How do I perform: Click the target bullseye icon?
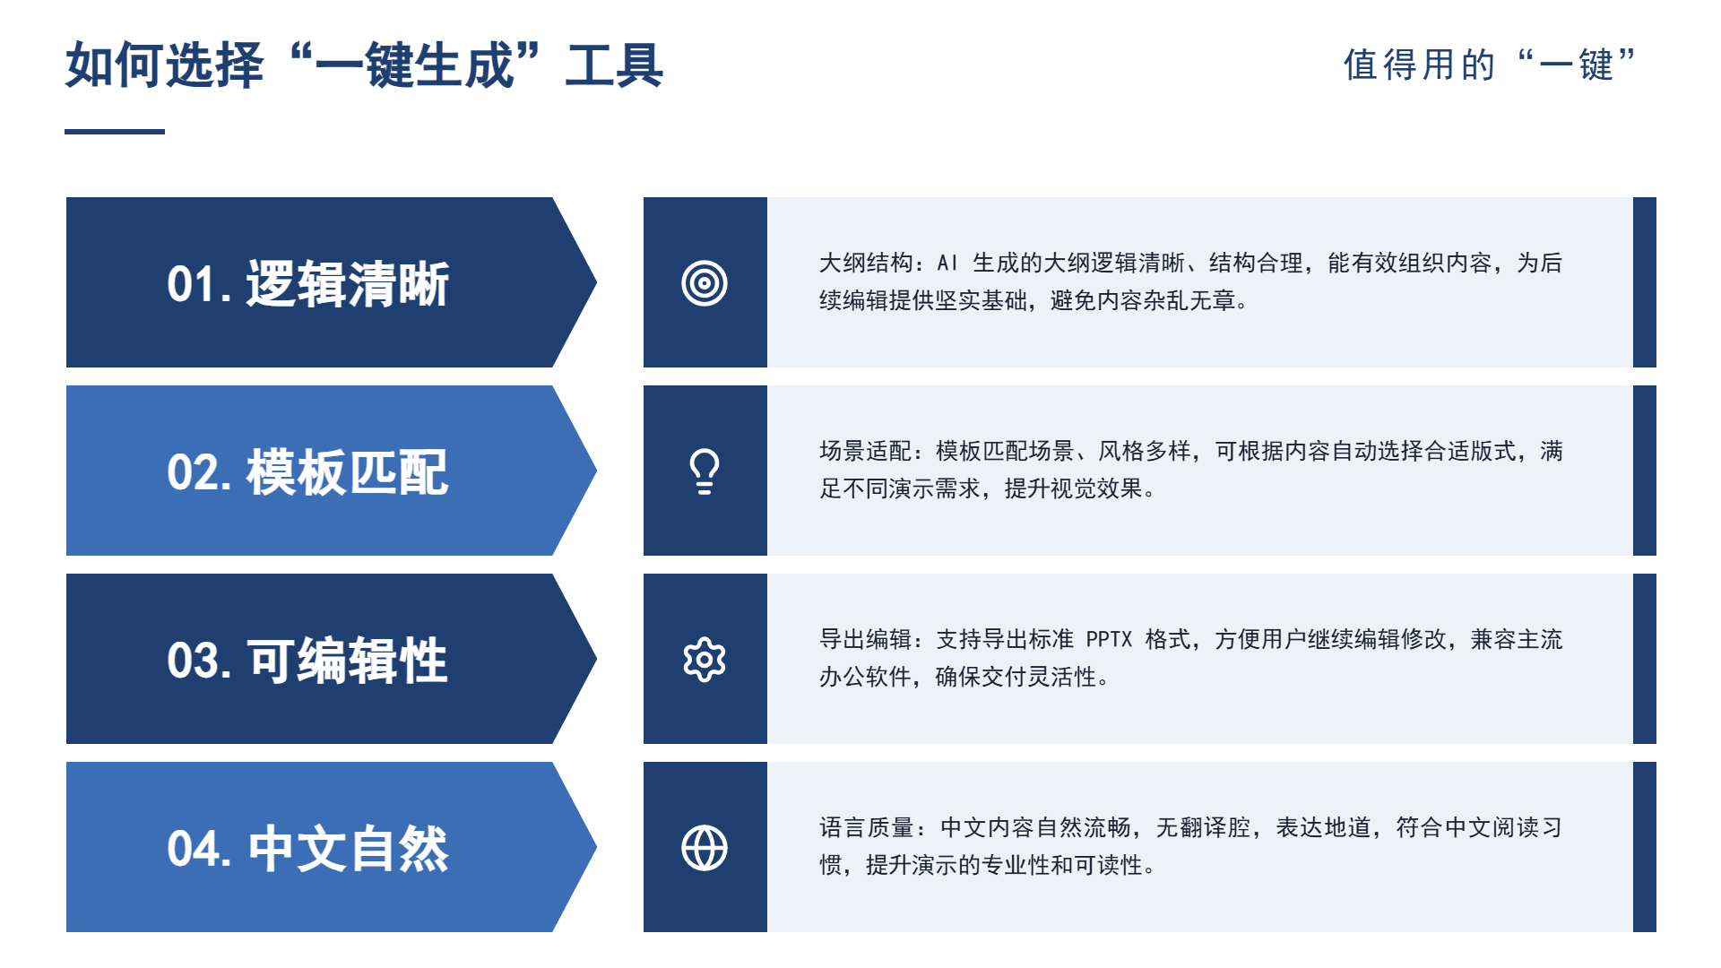(x=705, y=283)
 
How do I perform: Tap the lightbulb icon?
(x=705, y=471)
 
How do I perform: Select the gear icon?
(x=705, y=660)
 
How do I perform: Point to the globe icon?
(x=705, y=848)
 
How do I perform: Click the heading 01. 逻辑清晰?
(x=307, y=284)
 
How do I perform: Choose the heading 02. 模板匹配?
(x=307, y=472)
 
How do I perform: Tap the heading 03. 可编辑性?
(x=307, y=661)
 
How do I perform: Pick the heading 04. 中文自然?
(x=307, y=849)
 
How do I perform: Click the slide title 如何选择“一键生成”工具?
(x=364, y=65)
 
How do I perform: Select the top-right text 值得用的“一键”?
(x=1490, y=65)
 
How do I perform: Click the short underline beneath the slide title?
(x=115, y=132)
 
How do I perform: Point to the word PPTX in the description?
(x=1110, y=639)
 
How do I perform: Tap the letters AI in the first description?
(x=947, y=263)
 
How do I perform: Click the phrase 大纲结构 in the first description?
(x=866, y=263)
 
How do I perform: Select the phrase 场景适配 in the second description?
(x=866, y=451)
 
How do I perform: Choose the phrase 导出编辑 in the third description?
(x=866, y=639)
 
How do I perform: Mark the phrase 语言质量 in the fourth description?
(x=866, y=827)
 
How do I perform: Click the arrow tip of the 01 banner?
(x=596, y=282)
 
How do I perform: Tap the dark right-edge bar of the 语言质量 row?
(x=1645, y=847)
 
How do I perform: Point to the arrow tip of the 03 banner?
(x=596, y=659)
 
